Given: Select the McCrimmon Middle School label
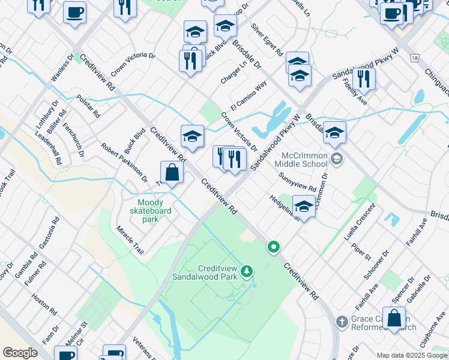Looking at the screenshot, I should point(301,159).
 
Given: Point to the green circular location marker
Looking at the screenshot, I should point(274,247).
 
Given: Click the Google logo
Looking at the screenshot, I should point(20,353).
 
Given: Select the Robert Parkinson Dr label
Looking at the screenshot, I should point(124,162).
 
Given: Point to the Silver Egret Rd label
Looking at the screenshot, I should point(267,40).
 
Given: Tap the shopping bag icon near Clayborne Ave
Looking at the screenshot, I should point(394,319).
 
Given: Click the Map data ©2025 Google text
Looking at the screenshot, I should point(411,355).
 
